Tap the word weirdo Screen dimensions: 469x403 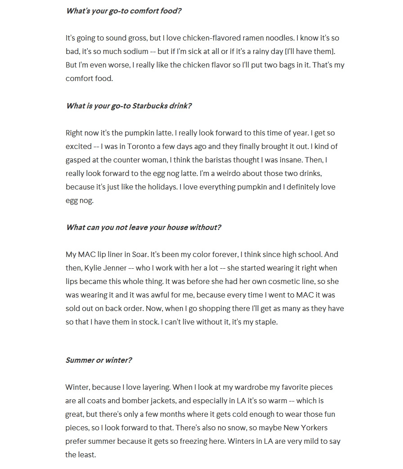click(x=263, y=173)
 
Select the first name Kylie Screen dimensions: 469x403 click(x=93, y=268)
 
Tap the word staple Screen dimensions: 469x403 click(x=265, y=322)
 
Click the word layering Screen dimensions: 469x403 click(x=152, y=387)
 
